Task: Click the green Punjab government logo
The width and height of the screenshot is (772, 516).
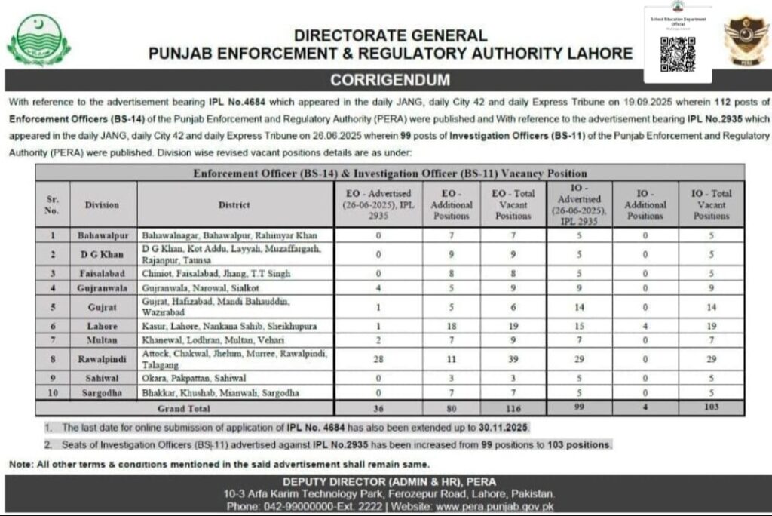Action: (38, 41)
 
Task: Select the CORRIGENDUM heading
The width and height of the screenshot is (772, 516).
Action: (390, 80)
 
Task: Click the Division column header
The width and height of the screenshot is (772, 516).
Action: (103, 204)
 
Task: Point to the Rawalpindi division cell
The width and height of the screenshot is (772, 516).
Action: (103, 358)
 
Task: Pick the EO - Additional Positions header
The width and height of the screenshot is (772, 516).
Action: (452, 204)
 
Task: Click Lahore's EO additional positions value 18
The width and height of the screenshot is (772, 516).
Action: (452, 326)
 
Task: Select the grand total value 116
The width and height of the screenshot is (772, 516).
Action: (513, 407)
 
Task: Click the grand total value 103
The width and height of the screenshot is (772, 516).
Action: (711, 407)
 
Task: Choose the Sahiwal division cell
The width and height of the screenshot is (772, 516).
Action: (103, 378)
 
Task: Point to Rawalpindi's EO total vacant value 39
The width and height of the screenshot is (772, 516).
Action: (513, 358)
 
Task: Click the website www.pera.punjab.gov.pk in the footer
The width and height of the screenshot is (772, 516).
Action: (495, 506)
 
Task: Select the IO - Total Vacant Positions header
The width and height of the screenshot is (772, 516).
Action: (711, 204)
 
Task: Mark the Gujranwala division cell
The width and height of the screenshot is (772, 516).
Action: (103, 287)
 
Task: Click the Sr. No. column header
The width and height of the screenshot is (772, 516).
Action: (52, 204)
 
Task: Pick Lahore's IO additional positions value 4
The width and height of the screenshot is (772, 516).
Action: (645, 326)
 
